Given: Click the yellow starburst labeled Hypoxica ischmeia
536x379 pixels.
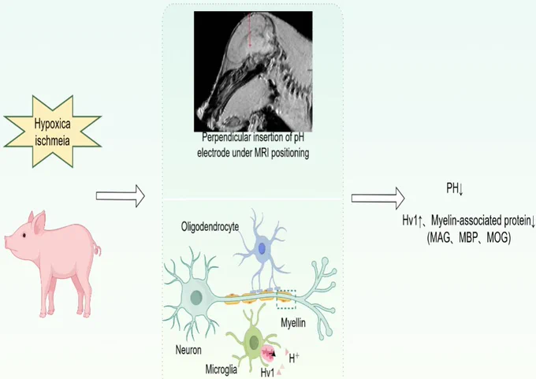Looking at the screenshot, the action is click(x=52, y=132).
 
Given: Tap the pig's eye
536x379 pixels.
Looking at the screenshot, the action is click(x=24, y=236).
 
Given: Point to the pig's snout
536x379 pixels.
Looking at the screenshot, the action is click(x=8, y=243).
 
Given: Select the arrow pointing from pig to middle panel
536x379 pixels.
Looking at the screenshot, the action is click(x=121, y=196).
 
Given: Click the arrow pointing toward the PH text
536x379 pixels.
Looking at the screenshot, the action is click(x=378, y=198).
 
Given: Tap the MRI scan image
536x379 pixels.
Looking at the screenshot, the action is click(x=253, y=72).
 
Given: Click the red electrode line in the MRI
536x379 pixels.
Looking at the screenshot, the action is click(x=250, y=30).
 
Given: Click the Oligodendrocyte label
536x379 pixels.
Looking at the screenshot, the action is click(x=210, y=227).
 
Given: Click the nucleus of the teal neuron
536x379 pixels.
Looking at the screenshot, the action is click(x=196, y=297).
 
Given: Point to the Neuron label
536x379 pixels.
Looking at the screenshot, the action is click(x=188, y=350).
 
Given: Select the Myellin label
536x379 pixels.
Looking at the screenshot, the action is click(x=293, y=322).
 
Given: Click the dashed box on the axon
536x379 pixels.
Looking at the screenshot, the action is click(x=286, y=299).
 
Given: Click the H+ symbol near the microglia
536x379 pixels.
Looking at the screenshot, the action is click(x=294, y=359).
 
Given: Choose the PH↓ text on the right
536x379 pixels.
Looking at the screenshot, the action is click(x=455, y=188).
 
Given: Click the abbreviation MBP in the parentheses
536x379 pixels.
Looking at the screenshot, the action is click(x=468, y=237).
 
